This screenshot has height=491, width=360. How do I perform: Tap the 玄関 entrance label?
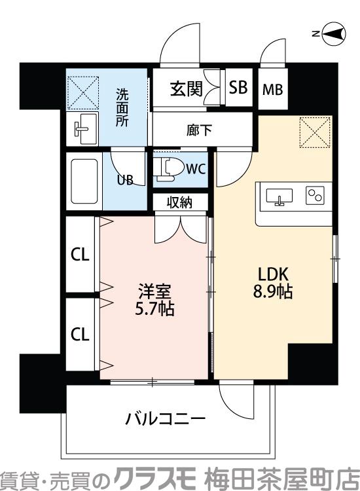(x=187, y=88)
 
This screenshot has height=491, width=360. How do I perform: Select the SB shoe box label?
(x=239, y=88)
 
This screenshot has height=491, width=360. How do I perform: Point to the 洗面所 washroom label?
(x=122, y=107)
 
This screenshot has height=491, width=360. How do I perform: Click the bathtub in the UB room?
(x=83, y=182)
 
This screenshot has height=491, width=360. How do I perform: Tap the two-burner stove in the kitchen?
(x=315, y=194)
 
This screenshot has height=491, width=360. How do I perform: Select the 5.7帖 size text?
(x=155, y=308)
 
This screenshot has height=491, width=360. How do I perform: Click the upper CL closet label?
(x=80, y=255)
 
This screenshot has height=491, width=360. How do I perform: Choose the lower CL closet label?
(x=80, y=335)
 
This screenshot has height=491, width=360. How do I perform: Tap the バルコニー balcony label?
(x=166, y=418)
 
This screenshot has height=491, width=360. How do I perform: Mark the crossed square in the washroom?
(x=82, y=92)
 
